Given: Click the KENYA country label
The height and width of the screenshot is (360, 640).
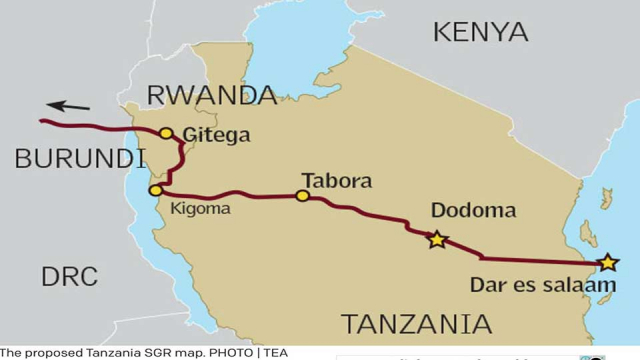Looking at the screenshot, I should (480, 32).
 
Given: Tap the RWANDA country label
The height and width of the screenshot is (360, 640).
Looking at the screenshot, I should (211, 96).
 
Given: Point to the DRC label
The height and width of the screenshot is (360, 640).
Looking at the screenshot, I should (69, 277).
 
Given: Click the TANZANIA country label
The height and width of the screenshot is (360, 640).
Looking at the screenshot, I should (417, 324).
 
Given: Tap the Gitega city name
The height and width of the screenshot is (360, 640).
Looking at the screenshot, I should (217, 135).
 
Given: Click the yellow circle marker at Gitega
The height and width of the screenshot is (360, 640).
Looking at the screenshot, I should (166, 133).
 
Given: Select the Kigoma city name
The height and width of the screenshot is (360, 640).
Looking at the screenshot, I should (200, 208).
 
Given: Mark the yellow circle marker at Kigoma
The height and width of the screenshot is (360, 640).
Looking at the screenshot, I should (155, 190).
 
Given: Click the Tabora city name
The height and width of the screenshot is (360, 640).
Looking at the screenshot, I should (335, 181).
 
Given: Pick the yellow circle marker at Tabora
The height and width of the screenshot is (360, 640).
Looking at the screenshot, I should (302, 196).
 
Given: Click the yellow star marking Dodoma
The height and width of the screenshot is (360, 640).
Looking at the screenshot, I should (436, 240).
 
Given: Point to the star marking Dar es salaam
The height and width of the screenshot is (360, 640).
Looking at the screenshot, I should (607, 264).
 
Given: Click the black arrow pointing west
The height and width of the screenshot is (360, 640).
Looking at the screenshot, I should (69, 105).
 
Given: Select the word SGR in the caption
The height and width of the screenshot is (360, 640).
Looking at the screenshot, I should (148, 352).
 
